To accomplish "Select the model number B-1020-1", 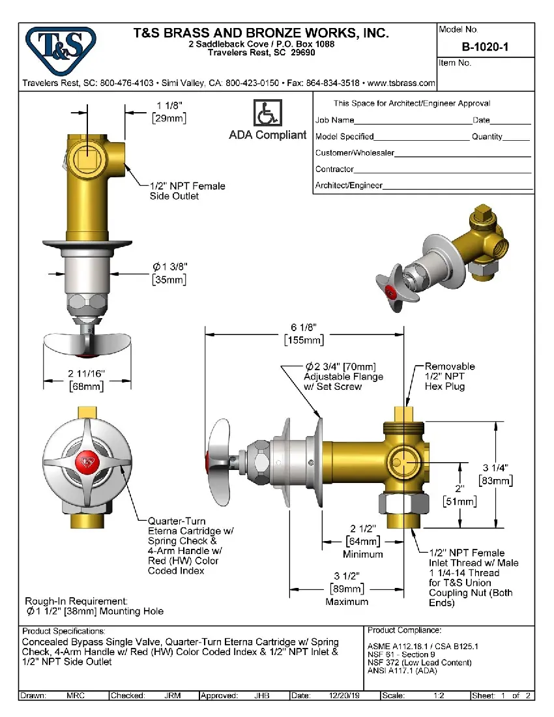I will click(x=486, y=46).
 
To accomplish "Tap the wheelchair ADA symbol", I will click(x=267, y=113).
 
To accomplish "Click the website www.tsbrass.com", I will click(x=401, y=83).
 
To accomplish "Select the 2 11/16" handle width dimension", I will click(x=87, y=374).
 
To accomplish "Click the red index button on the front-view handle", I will click(x=85, y=461).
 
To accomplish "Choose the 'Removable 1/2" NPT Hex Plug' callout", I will click(x=449, y=376).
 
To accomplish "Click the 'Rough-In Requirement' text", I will click(x=76, y=601).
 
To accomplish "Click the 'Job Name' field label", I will click(x=334, y=120).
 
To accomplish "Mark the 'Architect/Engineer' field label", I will click(x=349, y=185).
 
